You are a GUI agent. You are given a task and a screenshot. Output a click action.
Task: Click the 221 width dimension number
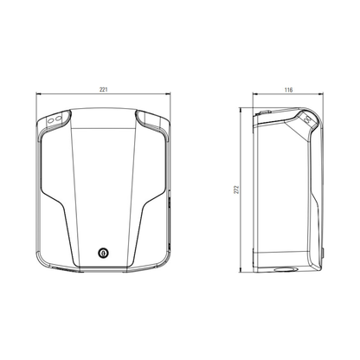pyautogui.click(x=104, y=89)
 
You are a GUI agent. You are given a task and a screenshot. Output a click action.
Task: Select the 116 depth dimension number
pyautogui.click(x=288, y=90)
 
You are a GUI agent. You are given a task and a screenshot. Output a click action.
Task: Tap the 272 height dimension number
pyautogui.click(x=236, y=190)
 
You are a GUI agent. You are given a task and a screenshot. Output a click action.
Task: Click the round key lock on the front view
pyautogui.click(x=103, y=253)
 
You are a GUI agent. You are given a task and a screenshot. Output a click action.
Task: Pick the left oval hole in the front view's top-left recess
pyautogui.click(x=51, y=119)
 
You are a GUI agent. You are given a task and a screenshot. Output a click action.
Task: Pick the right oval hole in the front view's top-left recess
pyautogui.click(x=58, y=118)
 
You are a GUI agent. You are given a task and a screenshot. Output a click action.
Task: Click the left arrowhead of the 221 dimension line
pyautogui.click(x=38, y=93)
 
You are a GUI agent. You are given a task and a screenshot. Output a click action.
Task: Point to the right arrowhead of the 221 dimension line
pyautogui.click(x=168, y=93)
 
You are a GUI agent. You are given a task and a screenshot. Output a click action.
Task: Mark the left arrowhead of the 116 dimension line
pyautogui.click(x=255, y=93)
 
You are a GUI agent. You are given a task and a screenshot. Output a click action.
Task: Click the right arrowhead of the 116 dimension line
pyautogui.click(x=320, y=93)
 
